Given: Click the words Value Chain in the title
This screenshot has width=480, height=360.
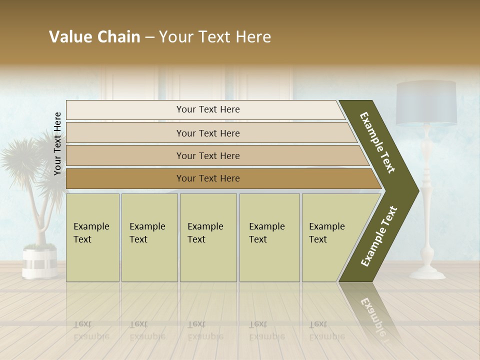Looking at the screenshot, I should pyautogui.click(x=94, y=37).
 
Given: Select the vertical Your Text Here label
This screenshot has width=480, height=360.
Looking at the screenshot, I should pyautogui.click(x=57, y=143).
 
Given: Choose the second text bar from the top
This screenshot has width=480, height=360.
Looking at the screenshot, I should pyautogui.click(x=208, y=133).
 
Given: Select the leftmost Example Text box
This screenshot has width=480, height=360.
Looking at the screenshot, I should pyautogui.click(x=92, y=237).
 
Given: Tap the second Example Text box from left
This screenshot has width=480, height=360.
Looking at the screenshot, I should pyautogui.click(x=149, y=237).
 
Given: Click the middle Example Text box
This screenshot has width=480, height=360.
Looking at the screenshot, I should pyautogui.click(x=208, y=237).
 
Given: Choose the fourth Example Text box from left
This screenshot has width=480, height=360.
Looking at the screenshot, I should pyautogui.click(x=269, y=237).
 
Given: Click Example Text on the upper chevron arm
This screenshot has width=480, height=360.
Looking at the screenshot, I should pyautogui.click(x=377, y=142).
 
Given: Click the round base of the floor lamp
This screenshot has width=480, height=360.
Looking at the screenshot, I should pyautogui.click(x=427, y=273).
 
